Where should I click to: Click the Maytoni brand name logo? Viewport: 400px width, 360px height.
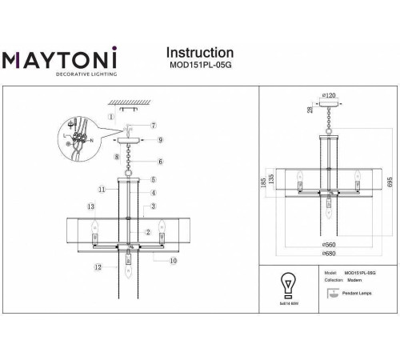(x=62, y=60)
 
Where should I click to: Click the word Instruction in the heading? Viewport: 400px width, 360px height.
(x=198, y=53)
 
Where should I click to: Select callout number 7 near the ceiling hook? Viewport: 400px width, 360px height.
(x=153, y=125)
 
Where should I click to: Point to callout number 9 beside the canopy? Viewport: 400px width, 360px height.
(x=160, y=140)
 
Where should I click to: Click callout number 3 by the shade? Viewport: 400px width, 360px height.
(x=153, y=206)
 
